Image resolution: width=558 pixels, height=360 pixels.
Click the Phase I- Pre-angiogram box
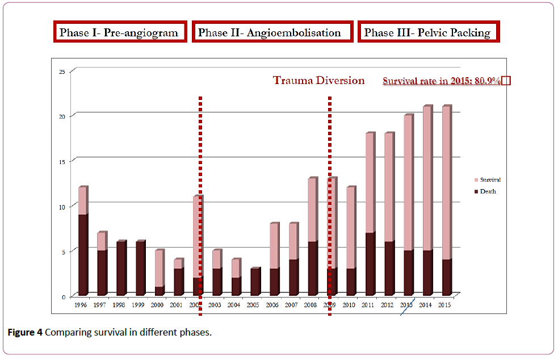pos(122,32)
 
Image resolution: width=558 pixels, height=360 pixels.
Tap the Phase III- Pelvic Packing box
pos(427,32)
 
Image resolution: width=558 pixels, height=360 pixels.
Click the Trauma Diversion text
pos(319,81)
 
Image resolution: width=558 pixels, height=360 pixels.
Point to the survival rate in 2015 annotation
pos(442,81)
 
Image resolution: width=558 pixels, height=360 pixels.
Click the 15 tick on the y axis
pos(63,161)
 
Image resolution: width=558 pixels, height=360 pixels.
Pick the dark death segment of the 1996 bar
pos(83,255)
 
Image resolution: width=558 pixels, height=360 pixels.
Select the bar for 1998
pos(121,268)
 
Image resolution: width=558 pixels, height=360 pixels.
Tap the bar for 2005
pos(255,282)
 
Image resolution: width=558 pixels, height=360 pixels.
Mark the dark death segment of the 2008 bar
pos(312,269)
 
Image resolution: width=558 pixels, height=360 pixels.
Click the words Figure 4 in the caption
pos(24,332)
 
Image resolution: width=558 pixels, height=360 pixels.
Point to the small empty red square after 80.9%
pos(506,81)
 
